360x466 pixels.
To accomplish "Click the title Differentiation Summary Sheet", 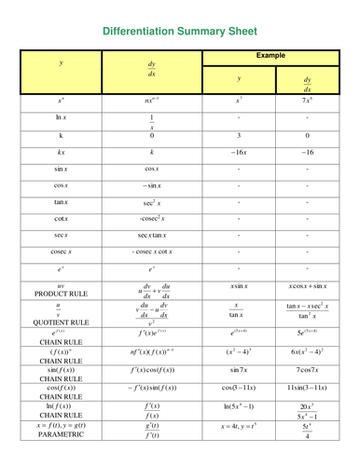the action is pos(180,30).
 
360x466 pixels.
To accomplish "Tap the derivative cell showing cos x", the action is pos(152,169).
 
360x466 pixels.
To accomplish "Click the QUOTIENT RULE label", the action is pos(62,322).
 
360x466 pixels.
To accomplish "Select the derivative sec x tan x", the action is pos(152,235).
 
